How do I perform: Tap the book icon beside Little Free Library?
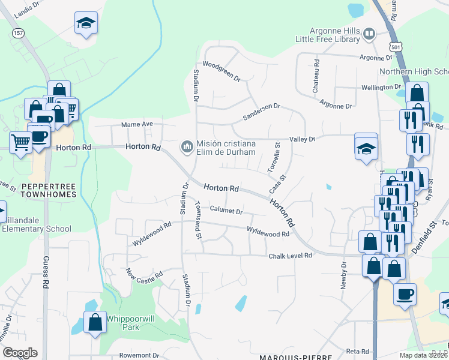(369, 34)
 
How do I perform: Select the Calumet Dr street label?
(226, 211)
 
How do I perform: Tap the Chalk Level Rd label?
(291, 255)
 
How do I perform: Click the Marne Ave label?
(137, 124)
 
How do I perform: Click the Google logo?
(20, 353)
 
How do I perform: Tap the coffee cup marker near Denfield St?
(404, 295)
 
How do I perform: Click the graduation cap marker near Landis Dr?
(85, 24)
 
